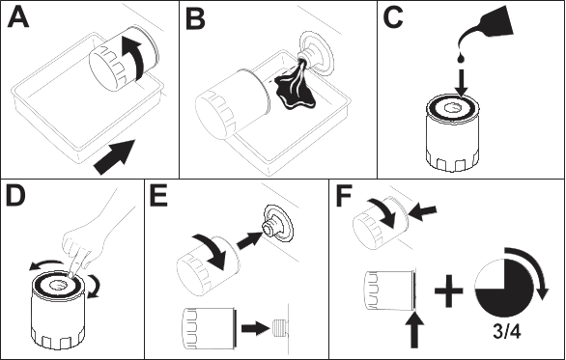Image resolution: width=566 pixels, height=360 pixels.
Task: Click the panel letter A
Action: coord(18,17)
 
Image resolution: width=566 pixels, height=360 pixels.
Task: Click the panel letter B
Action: coord(195,19)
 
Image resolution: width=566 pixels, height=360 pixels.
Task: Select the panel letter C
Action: coord(393,17)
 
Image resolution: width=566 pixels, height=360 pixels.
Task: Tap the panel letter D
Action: coord(15,196)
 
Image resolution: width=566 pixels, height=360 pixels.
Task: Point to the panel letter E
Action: coord(158,196)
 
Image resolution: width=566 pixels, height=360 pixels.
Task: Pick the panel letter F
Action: coord(344,196)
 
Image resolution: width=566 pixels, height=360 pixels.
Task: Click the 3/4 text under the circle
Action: coord(507,331)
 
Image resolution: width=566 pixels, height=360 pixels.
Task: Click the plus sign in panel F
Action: coord(449,291)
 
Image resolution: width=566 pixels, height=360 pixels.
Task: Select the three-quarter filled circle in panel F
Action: coord(503,289)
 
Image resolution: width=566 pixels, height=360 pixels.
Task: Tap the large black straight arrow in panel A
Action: coord(115,157)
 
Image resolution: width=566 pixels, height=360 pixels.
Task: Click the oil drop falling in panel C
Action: coord(460,58)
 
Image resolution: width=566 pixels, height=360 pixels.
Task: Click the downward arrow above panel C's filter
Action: coord(461,83)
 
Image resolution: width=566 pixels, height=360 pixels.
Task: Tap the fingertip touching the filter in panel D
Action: coord(71,275)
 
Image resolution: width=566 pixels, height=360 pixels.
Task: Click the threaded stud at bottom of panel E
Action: coord(278,328)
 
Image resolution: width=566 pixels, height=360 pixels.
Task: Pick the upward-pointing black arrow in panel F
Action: coord(414,330)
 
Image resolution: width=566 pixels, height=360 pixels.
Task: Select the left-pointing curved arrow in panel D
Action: coord(47,265)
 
